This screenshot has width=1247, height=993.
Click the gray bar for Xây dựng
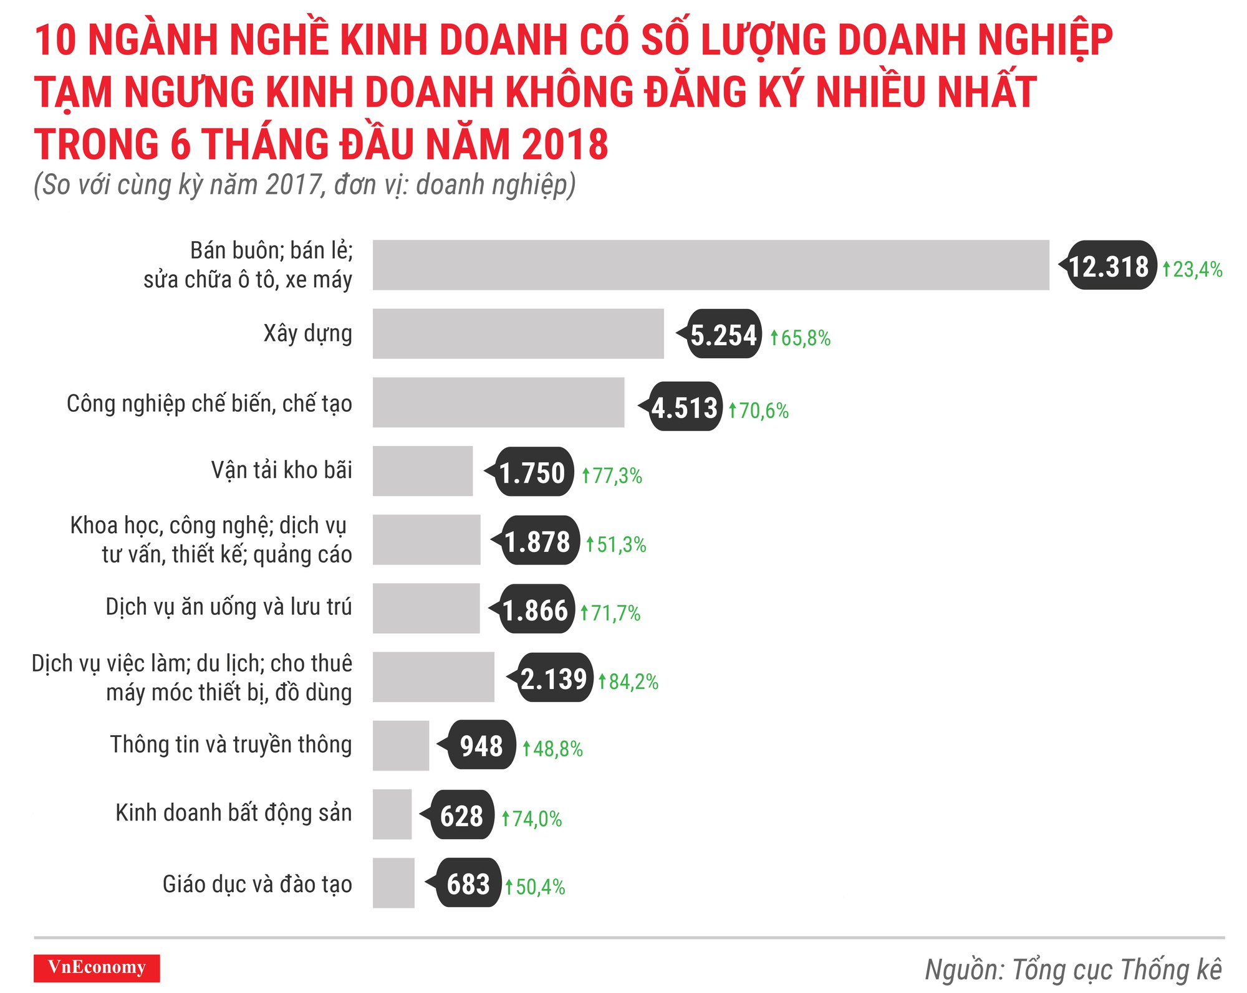[518, 334]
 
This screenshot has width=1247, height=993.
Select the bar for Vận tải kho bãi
[423, 471]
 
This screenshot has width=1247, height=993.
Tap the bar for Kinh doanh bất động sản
[392, 814]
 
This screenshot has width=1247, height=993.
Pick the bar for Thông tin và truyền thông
[401, 746]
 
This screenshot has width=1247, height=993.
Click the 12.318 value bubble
[1109, 266]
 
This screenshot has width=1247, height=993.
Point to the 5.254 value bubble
[723, 335]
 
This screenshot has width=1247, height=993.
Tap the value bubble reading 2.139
[553, 678]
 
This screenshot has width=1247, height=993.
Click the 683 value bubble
[468, 883]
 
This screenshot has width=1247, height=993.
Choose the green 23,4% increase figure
[1193, 269]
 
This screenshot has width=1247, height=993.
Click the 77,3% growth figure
[612, 475]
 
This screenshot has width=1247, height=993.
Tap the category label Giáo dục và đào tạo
[257, 884]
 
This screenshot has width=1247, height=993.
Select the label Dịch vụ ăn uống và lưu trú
[228, 607]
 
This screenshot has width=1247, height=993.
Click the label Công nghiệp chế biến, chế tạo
[209, 404]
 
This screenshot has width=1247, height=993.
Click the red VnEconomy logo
[97, 967]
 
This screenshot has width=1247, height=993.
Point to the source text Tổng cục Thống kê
[1072, 969]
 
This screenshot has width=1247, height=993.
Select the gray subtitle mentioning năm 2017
[304, 185]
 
